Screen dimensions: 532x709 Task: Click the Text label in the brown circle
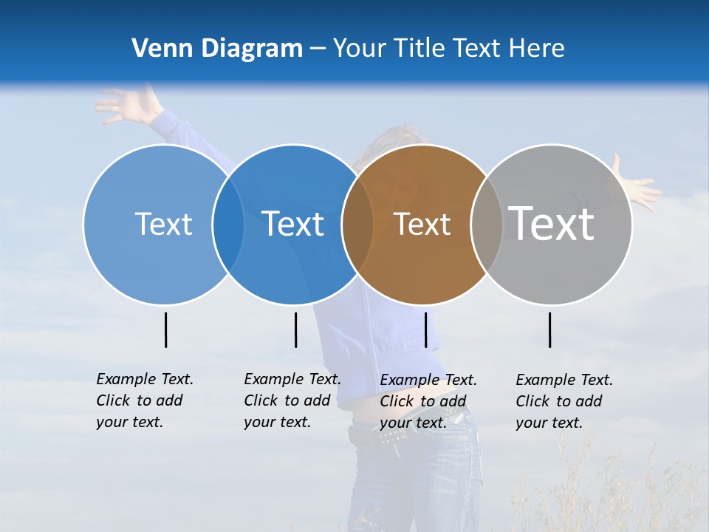coord(422,224)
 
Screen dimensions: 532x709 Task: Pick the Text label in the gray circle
coord(552,223)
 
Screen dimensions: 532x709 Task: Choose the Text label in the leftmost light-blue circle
coord(163,224)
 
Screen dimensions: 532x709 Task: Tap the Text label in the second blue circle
coord(293,224)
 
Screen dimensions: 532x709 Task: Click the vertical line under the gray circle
coord(550,330)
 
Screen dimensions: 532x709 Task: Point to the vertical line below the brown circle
coord(426,330)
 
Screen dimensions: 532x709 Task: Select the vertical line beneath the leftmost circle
coord(166,330)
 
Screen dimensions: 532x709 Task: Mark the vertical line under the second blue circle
coord(295,330)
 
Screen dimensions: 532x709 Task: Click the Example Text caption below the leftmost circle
coord(144,400)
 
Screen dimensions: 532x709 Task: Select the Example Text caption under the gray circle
coord(564,401)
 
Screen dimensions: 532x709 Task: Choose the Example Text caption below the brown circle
coord(428,401)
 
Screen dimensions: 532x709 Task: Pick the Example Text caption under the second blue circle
coord(292,400)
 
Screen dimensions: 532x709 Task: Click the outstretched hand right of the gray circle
coord(637,186)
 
